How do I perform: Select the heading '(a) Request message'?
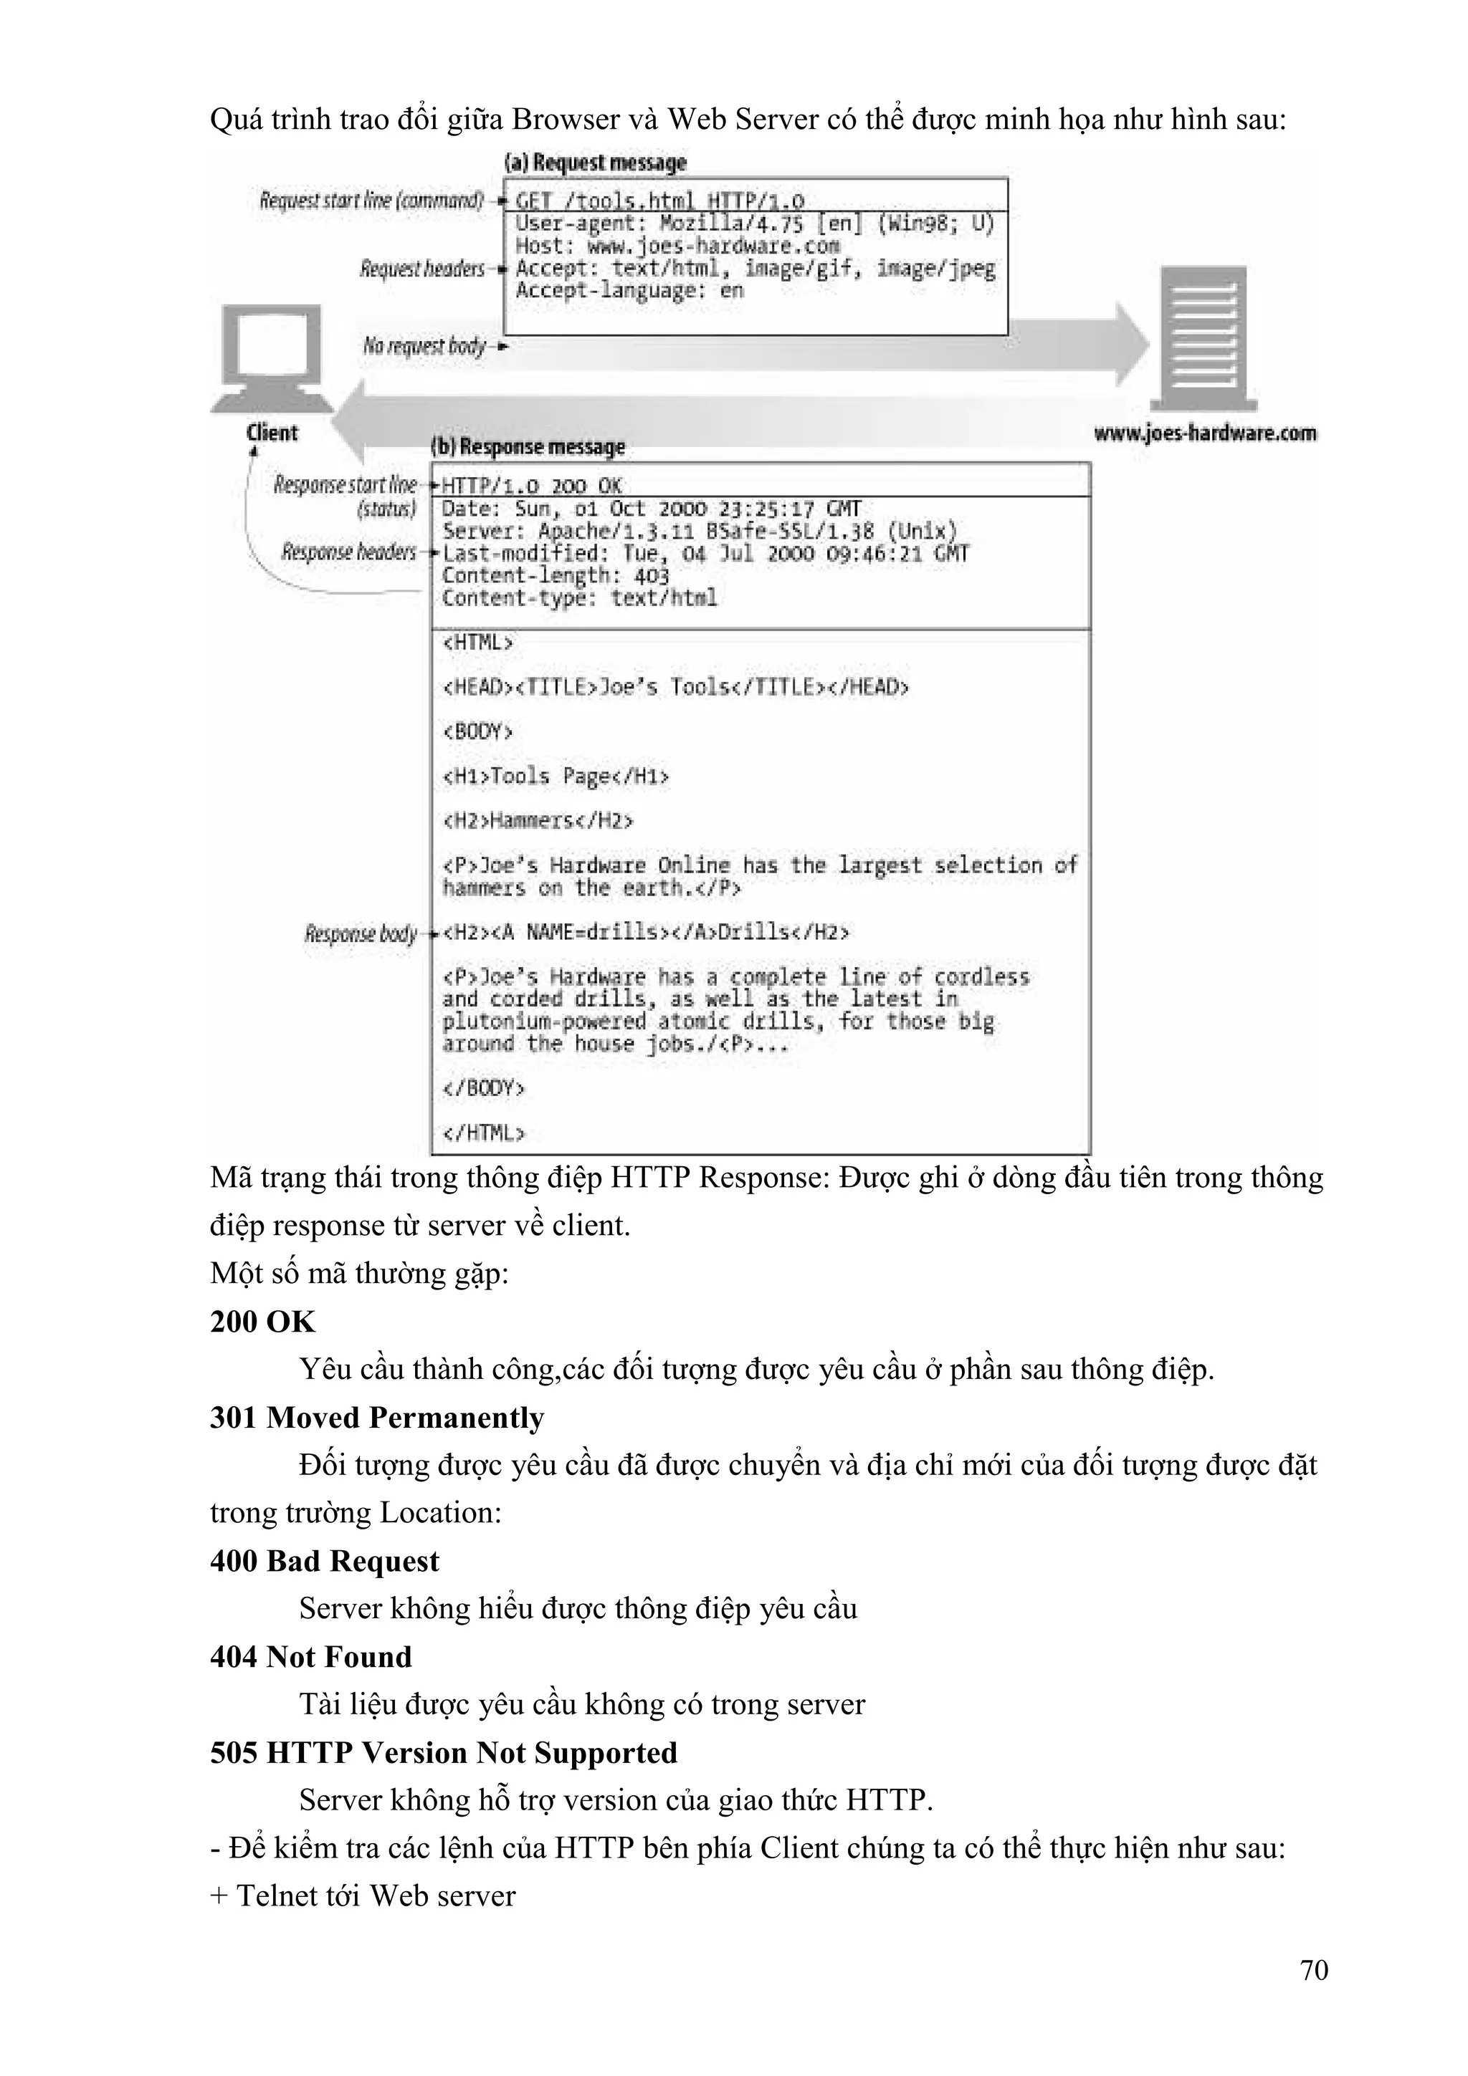coord(595,163)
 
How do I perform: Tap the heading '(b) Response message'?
coord(528,447)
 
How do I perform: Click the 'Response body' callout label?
coord(361,933)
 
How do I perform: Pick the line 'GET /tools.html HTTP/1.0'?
coord(659,201)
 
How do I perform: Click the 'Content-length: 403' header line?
coord(556,576)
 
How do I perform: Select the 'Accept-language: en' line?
coord(629,290)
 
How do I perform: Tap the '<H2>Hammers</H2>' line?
coord(538,821)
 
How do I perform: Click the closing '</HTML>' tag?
coord(483,1133)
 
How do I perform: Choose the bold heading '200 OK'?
coord(262,1322)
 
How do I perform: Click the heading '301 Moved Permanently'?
coord(377,1418)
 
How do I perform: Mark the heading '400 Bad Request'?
coord(324,1562)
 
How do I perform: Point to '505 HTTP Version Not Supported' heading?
coord(443,1753)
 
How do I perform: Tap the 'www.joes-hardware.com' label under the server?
coord(1205,433)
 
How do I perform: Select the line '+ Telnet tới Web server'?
coord(363,1896)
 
